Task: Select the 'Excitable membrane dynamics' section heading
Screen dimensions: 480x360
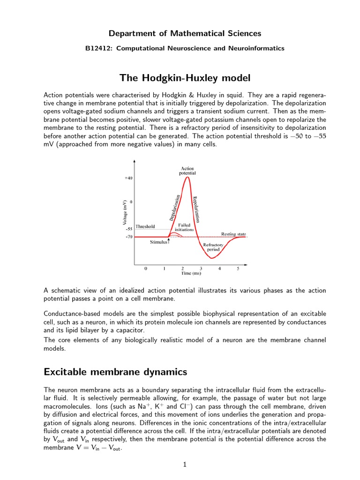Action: (x=115, y=372)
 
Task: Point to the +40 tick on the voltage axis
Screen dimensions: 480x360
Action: (x=128, y=178)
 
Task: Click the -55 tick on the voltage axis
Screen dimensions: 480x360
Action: (x=128, y=229)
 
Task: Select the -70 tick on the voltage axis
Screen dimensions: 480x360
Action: (x=128, y=237)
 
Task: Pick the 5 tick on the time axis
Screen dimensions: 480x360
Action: (x=238, y=269)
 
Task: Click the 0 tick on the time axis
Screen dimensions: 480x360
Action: (x=146, y=269)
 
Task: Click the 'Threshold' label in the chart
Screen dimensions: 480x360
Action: (x=145, y=226)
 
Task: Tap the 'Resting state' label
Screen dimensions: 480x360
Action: (x=233, y=234)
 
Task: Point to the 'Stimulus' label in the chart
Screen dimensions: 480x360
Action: (x=159, y=242)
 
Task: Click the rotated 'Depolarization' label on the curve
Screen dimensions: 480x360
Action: (x=174, y=207)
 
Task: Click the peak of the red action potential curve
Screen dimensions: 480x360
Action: (x=188, y=177)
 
